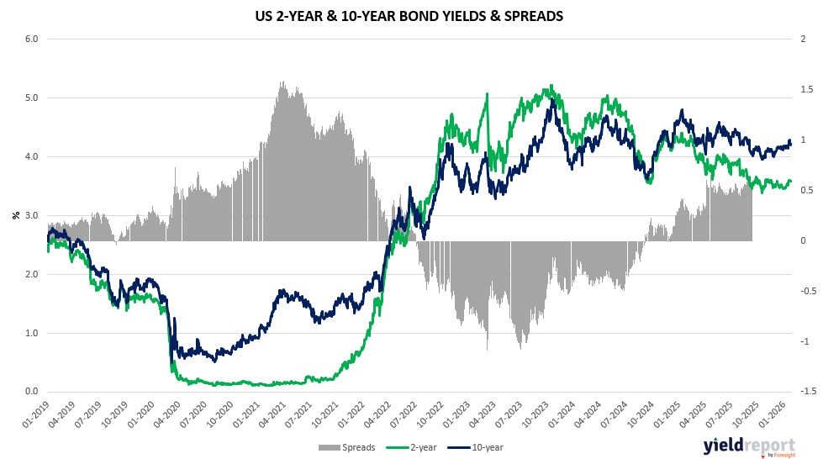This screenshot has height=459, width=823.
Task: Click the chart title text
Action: tap(412, 15)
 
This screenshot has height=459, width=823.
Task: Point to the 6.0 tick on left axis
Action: tap(30, 39)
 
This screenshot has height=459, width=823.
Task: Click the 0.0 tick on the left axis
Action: tap(30, 392)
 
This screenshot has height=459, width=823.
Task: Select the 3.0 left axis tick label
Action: tap(30, 215)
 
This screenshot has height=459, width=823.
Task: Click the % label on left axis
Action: tap(15, 215)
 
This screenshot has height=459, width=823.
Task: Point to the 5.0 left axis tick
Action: tap(30, 98)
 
